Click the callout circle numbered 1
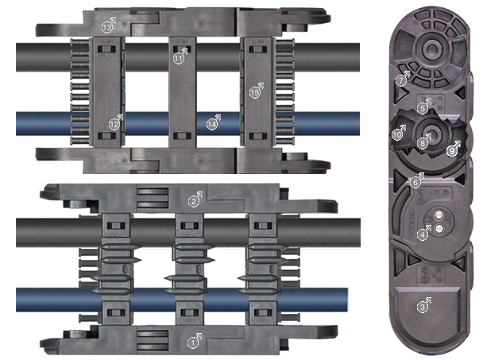[x=193, y=343]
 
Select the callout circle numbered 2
[x=193, y=202]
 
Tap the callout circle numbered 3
[x=423, y=307]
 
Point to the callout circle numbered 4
[x=423, y=235]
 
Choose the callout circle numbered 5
[x=422, y=108]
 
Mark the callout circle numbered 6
[x=415, y=183]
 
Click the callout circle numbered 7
[x=400, y=81]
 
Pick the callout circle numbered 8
[x=423, y=143]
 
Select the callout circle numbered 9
[x=451, y=151]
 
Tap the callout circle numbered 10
[x=397, y=134]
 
